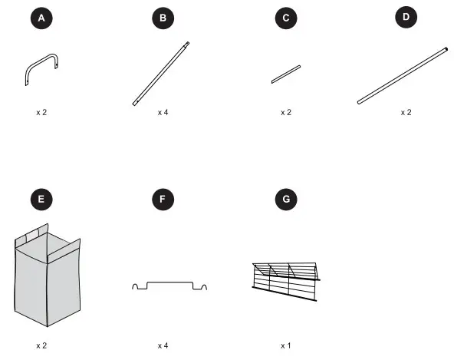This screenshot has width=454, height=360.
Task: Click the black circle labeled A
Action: click(x=41, y=18)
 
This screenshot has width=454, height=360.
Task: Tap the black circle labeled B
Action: click(x=163, y=18)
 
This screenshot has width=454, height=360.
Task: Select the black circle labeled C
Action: click(x=286, y=18)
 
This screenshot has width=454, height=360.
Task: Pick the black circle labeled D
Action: click(x=406, y=17)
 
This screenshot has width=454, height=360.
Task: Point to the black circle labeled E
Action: click(x=41, y=199)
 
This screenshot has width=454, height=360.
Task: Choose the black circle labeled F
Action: click(x=163, y=199)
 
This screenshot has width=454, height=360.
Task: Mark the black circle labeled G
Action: click(x=286, y=199)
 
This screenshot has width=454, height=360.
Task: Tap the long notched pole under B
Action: click(x=161, y=74)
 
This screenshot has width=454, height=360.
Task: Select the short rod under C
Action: click(x=286, y=74)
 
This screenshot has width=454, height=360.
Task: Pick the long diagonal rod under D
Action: click(x=403, y=76)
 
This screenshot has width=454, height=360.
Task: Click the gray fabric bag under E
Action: click(x=48, y=275)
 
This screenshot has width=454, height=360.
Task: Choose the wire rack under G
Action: click(x=286, y=282)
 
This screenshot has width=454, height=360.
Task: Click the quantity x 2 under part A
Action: click(x=41, y=113)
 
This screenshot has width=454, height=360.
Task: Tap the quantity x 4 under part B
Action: click(x=163, y=113)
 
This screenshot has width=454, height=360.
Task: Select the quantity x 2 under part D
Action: click(x=406, y=113)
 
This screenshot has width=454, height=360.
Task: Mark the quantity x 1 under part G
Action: click(x=286, y=345)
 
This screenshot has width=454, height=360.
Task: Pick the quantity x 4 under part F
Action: click(x=163, y=345)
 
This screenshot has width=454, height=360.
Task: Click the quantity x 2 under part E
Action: click(x=41, y=345)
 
